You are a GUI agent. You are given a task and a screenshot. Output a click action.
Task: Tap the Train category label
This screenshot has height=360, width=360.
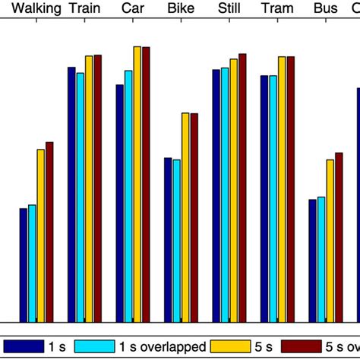tap(83, 10)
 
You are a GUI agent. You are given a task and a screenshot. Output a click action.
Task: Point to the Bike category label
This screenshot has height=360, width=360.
tap(180, 10)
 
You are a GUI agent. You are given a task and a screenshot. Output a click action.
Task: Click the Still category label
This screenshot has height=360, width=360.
tap(229, 10)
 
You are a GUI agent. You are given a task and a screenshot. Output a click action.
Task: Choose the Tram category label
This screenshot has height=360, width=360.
tap(276, 10)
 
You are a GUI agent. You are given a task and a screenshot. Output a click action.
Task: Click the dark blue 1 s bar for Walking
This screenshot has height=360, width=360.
tap(24, 266)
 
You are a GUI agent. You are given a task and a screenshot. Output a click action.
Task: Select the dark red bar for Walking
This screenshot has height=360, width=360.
tap(49, 232)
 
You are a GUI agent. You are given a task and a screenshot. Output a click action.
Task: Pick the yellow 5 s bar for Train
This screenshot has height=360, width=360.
tap(89, 190)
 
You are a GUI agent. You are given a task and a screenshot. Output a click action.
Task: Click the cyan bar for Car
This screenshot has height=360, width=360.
tap(128, 197)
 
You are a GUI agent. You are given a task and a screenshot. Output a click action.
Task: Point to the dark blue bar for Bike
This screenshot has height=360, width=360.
tap(168, 240)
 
